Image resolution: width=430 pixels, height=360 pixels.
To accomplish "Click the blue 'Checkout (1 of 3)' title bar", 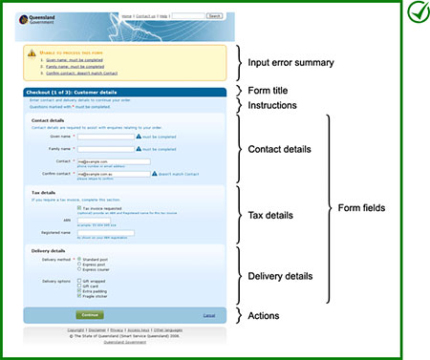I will (124, 93).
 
